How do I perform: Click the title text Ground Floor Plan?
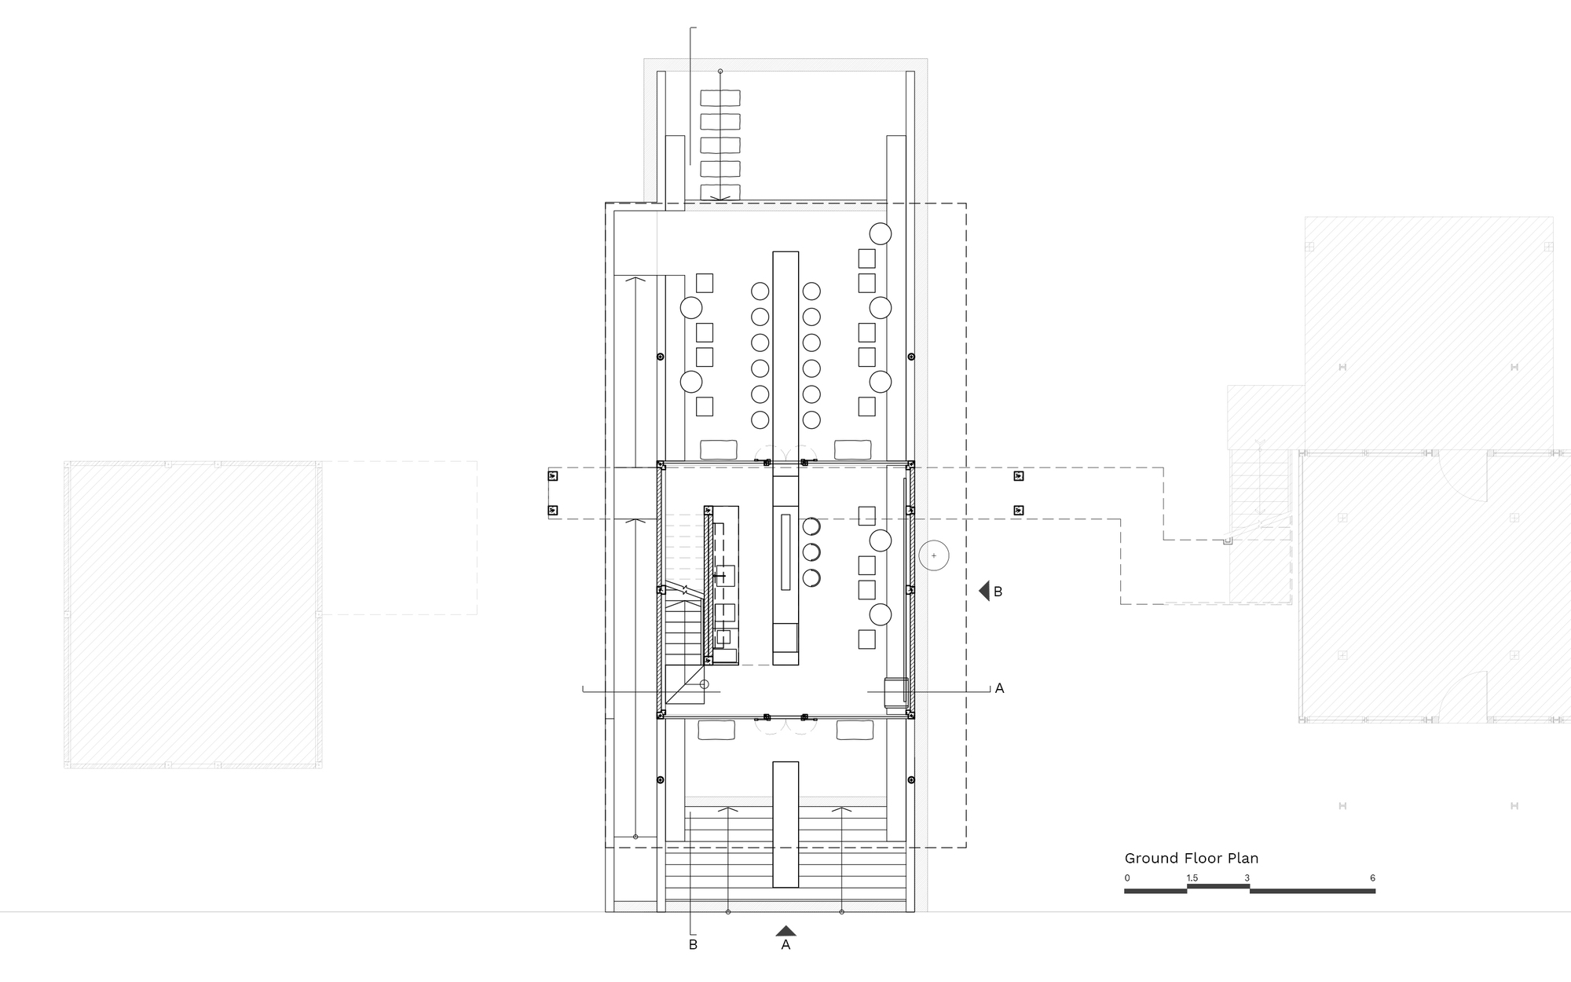click(x=1191, y=858)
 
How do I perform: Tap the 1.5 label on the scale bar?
click(x=1192, y=878)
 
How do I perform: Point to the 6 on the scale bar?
click(x=1372, y=878)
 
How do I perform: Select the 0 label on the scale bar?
click(x=1127, y=878)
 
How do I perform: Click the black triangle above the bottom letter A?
click(x=785, y=931)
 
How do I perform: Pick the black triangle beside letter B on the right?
click(x=983, y=591)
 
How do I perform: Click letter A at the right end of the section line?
click(x=999, y=688)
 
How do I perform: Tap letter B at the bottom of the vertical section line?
click(x=693, y=944)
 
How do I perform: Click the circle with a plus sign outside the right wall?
click(x=934, y=555)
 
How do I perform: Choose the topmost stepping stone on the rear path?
click(x=720, y=98)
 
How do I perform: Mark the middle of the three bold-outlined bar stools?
click(x=811, y=551)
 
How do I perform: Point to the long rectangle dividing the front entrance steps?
click(x=785, y=823)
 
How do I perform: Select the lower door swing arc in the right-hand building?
click(x=1463, y=695)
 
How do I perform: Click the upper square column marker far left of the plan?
click(x=553, y=476)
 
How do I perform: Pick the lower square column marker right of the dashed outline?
click(x=1019, y=511)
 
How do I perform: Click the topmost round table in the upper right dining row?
click(x=881, y=233)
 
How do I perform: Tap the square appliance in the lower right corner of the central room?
click(x=895, y=692)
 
